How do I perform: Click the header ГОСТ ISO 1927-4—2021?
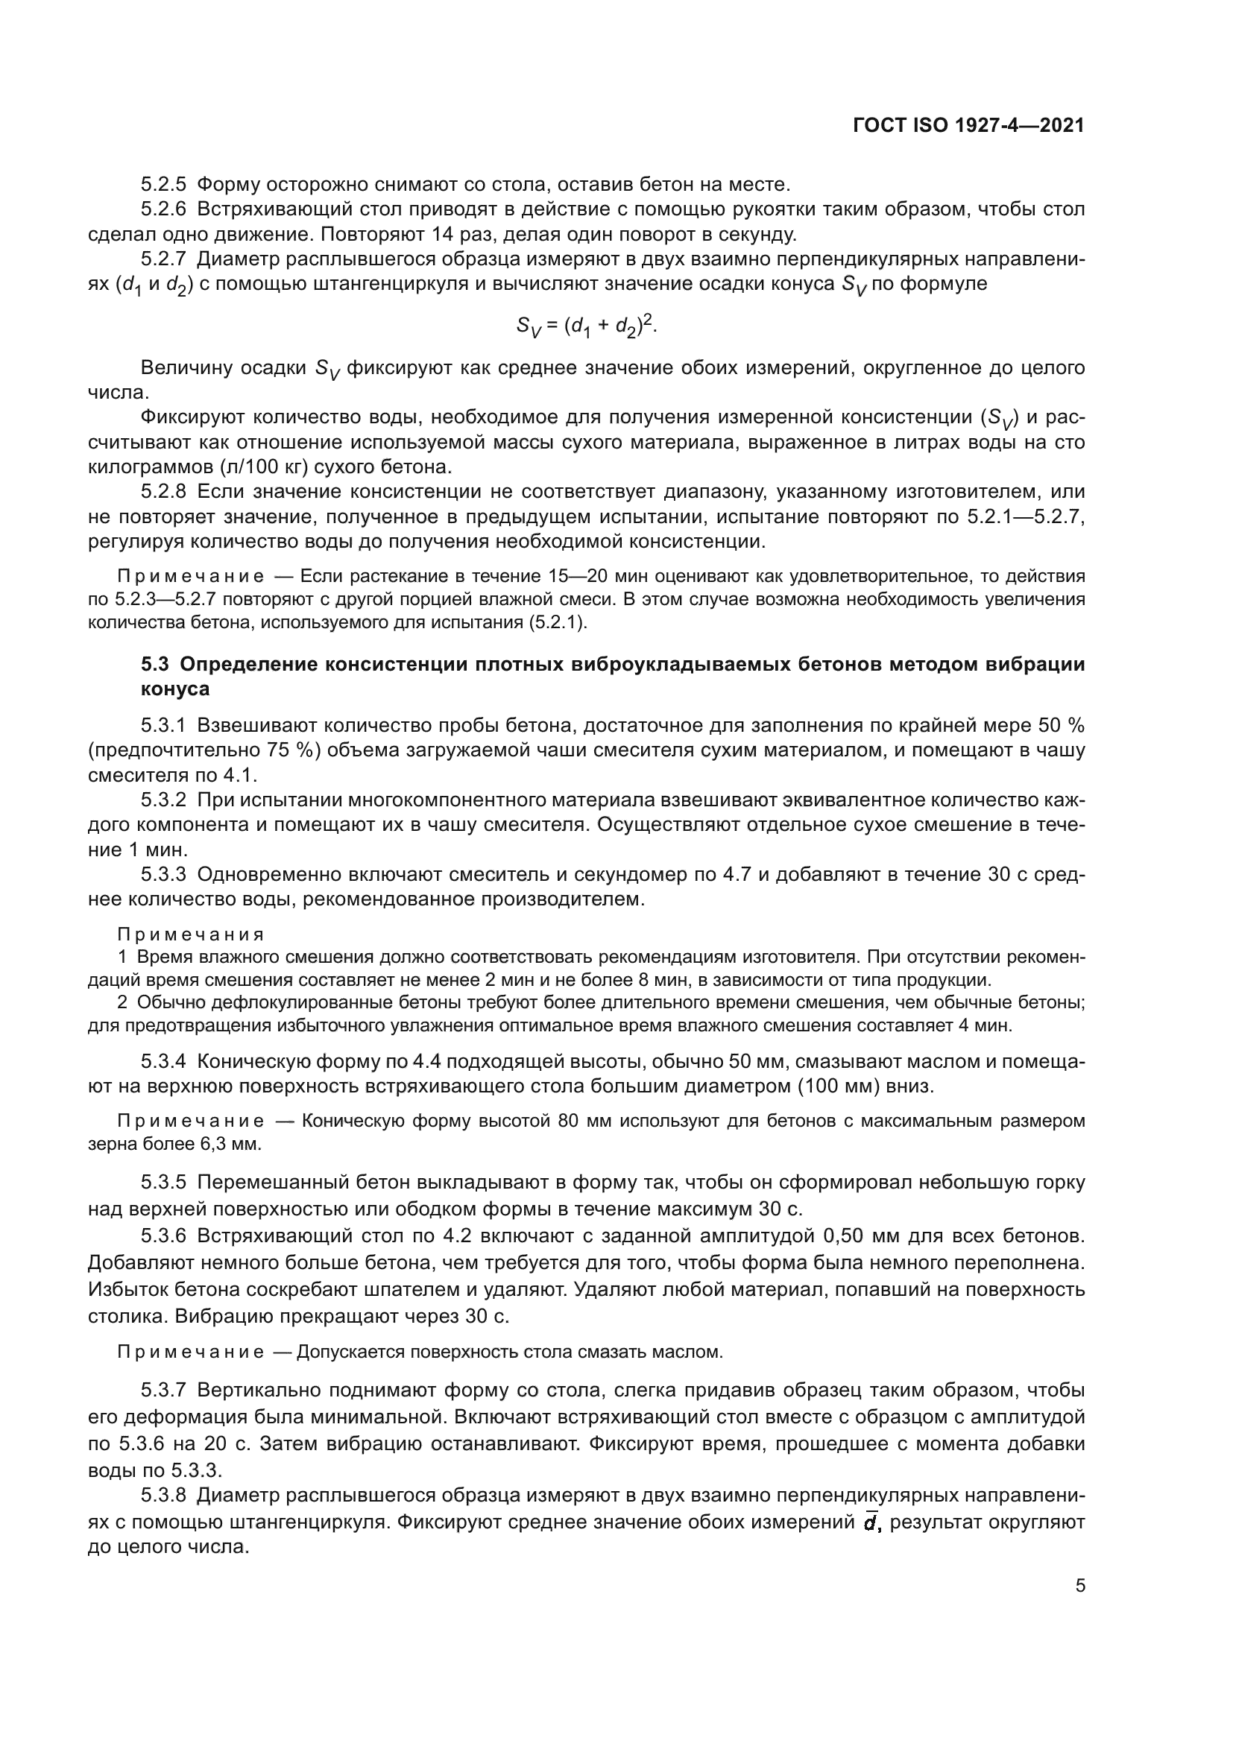[x=968, y=125]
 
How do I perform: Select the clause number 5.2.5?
[x=163, y=185]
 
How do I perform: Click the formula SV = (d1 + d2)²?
[x=586, y=326]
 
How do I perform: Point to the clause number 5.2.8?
[x=163, y=492]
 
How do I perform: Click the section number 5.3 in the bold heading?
[x=156, y=664]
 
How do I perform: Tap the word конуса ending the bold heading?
[x=174, y=689]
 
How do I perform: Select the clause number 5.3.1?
[x=163, y=726]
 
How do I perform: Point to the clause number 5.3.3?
[x=163, y=876]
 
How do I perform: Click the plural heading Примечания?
[x=191, y=934]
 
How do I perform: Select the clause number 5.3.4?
[x=163, y=1061]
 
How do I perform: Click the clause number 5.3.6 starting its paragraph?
[x=163, y=1237]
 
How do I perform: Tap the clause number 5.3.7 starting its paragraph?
[x=163, y=1391]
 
